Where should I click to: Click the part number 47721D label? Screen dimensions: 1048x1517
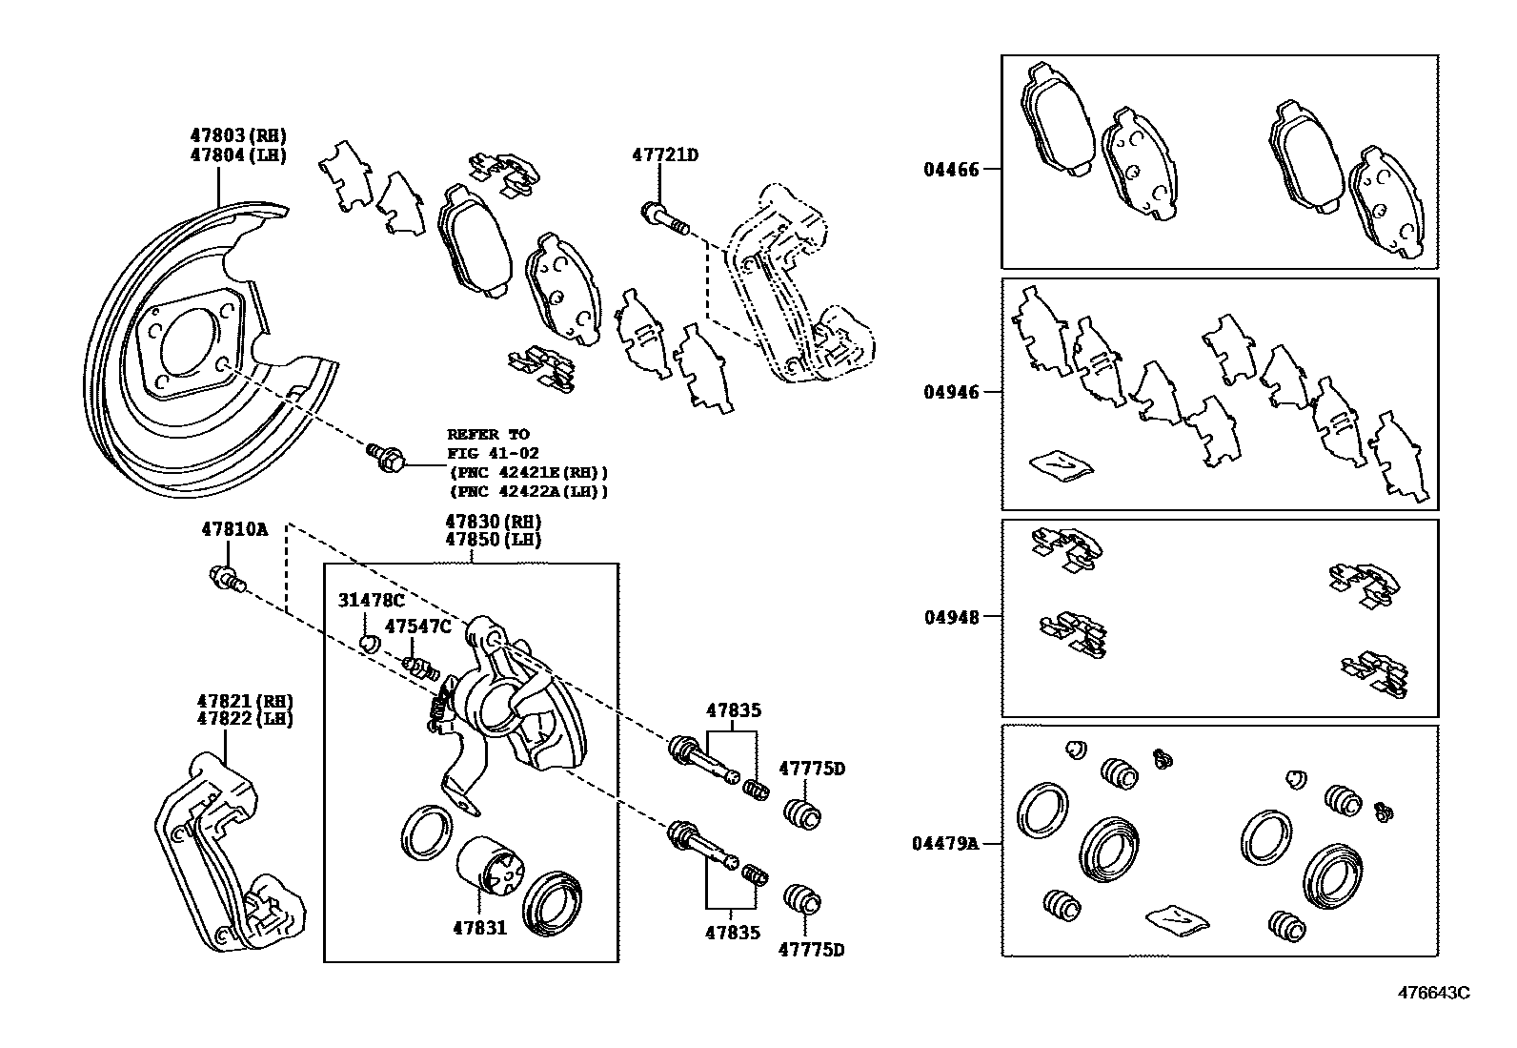pyautogui.click(x=665, y=154)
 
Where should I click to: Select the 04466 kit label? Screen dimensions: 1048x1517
pyautogui.click(x=950, y=171)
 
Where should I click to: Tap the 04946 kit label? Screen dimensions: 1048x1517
pyautogui.click(x=950, y=392)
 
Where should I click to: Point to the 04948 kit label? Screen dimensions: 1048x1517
pyautogui.click(x=950, y=617)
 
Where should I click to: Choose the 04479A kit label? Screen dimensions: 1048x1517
pyautogui.click(x=944, y=843)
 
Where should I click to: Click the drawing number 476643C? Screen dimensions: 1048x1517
pyautogui.click(x=1433, y=993)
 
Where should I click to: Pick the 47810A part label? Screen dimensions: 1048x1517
pyautogui.click(x=234, y=529)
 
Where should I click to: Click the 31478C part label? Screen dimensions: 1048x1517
pyautogui.click(x=372, y=600)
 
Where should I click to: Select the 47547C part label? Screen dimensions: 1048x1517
pyautogui.click(x=417, y=627)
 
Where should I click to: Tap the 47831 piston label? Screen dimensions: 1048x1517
pyautogui.click(x=478, y=927)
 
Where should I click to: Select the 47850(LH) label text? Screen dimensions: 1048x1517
pyautogui.click(x=493, y=539)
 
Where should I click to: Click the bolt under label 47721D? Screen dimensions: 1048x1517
pyautogui.click(x=663, y=217)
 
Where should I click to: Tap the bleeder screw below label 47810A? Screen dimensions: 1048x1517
pyautogui.click(x=227, y=578)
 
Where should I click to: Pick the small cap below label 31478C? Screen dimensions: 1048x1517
pyautogui.click(x=369, y=643)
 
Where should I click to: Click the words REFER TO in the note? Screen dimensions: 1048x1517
pyautogui.click(x=488, y=434)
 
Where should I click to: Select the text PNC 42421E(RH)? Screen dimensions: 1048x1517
pyautogui.click(x=528, y=472)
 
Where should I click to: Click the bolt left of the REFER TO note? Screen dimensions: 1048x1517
pyautogui.click(x=387, y=457)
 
